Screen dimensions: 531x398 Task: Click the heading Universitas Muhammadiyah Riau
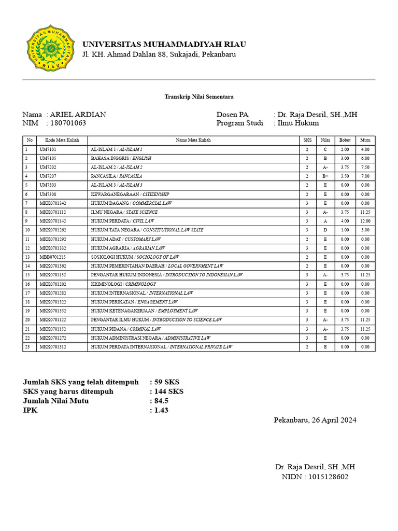tap(164, 44)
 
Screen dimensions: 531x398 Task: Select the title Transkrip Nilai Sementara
tap(199, 97)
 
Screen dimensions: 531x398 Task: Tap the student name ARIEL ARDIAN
tap(78, 115)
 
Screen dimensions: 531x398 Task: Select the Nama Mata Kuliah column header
tap(193, 140)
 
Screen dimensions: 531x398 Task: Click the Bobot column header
tap(345, 140)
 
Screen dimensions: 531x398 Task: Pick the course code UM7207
tap(48, 176)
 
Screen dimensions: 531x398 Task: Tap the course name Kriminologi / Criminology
tap(123, 284)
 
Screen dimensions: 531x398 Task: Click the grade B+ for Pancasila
tap(325, 176)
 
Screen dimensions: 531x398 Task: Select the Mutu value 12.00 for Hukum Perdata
tap(365, 221)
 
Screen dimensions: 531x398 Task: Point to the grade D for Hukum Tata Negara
tap(325, 230)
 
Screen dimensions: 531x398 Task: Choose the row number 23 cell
tap(29, 347)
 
